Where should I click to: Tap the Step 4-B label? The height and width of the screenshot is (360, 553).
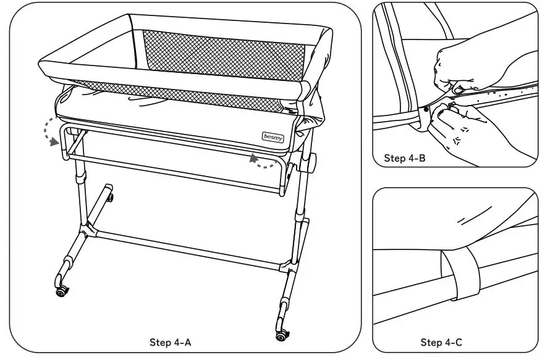(x=404, y=158)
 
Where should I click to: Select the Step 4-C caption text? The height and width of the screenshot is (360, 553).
(x=441, y=342)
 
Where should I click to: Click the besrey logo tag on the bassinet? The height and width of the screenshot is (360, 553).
(x=272, y=135)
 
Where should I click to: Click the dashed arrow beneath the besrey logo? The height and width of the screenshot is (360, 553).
(x=264, y=162)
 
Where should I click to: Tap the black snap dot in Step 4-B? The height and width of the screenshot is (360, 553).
(x=426, y=110)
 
